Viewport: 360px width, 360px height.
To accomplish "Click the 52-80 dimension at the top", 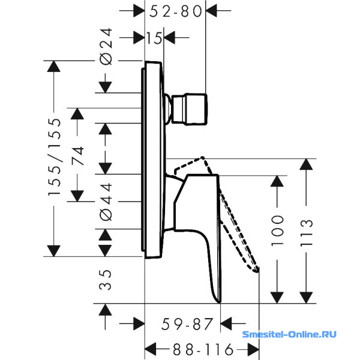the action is (x=176, y=11).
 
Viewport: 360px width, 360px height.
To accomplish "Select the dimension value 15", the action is (x=154, y=38).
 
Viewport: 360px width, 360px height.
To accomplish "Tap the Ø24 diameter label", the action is (x=106, y=47).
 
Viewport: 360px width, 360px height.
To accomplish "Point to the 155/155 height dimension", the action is (x=55, y=157).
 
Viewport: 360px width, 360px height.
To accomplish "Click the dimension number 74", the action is (x=77, y=156).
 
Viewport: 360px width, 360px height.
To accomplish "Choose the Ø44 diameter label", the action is (x=106, y=202).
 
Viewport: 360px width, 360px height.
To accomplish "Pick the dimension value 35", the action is (x=106, y=280).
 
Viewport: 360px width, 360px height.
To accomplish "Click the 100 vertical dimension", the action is (x=277, y=230).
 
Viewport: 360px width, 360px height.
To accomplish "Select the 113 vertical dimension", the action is (x=307, y=233).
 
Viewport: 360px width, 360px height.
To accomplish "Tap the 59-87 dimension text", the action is (x=187, y=324).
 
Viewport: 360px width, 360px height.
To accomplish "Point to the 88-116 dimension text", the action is (x=203, y=350).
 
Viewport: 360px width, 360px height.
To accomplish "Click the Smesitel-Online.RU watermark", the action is (x=289, y=334).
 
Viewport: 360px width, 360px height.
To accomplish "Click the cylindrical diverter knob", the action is (x=190, y=109).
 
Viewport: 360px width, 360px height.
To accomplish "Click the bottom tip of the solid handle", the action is (x=219, y=302).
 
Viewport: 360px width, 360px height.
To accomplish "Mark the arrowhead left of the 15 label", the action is (x=139, y=37).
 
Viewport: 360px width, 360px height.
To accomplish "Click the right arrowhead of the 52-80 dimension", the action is (x=211, y=11).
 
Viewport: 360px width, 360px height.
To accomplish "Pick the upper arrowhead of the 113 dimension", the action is (x=306, y=164).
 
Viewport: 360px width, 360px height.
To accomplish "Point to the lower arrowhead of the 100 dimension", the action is (x=277, y=298).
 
